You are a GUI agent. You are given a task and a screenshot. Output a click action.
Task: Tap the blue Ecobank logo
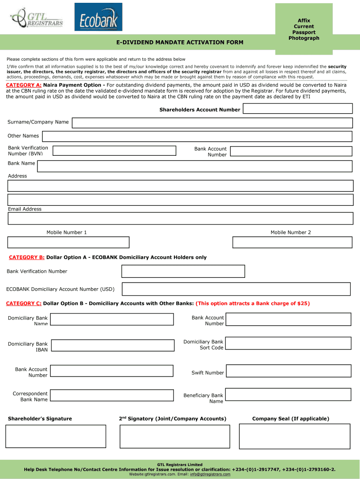click(98, 17)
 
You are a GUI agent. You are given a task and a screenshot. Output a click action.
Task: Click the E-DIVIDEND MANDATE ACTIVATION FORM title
click(180, 43)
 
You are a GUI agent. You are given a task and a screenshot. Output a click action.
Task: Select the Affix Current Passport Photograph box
click(306, 29)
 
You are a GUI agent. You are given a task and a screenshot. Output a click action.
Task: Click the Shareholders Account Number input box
click(297, 109)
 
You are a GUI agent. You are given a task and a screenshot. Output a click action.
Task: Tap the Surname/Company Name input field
click(212, 123)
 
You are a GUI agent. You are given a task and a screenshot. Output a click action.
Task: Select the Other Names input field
click(197, 136)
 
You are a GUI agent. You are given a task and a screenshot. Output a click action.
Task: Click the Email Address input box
click(180, 218)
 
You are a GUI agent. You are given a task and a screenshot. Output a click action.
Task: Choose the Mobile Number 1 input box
click(68, 242)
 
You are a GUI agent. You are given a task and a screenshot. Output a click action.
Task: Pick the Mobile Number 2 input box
click(292, 242)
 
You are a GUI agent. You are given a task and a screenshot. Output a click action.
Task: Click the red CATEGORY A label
click(23, 85)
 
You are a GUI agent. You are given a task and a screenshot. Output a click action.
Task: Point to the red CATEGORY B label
click(27, 257)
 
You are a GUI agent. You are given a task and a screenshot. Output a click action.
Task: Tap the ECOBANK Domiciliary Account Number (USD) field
click(236, 289)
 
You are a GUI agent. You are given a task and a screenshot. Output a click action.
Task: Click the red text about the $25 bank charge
click(252, 304)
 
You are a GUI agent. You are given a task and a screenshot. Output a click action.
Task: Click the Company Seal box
click(294, 436)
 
